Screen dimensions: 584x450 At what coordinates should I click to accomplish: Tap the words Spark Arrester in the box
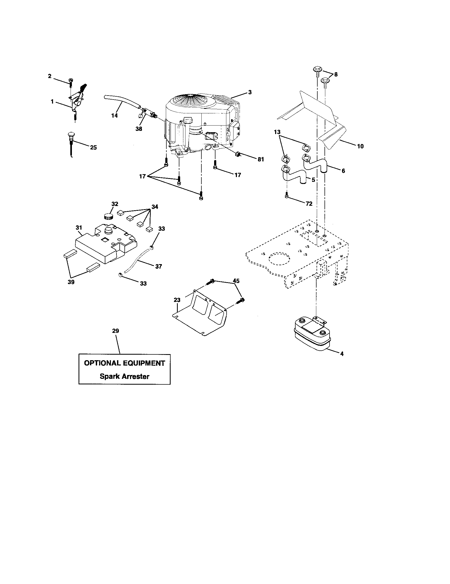tap(124, 376)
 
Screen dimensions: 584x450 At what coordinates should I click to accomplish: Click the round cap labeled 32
tap(108, 216)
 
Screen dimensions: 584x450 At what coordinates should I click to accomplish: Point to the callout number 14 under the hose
tap(114, 115)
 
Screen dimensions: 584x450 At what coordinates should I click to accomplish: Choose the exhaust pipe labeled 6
tap(315, 165)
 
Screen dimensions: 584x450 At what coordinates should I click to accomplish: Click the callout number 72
tap(309, 204)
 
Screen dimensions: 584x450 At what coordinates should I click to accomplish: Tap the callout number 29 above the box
tap(115, 331)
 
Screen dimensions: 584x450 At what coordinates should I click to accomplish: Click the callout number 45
tap(236, 281)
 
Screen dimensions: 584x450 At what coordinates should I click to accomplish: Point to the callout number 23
tap(177, 300)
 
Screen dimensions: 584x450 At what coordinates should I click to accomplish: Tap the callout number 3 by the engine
tap(250, 92)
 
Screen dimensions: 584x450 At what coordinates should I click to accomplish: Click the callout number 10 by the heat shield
tap(360, 146)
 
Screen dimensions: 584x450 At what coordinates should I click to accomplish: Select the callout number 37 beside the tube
tap(158, 266)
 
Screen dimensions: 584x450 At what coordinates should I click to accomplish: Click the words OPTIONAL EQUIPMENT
tap(124, 363)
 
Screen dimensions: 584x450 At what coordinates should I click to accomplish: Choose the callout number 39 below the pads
tap(71, 282)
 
